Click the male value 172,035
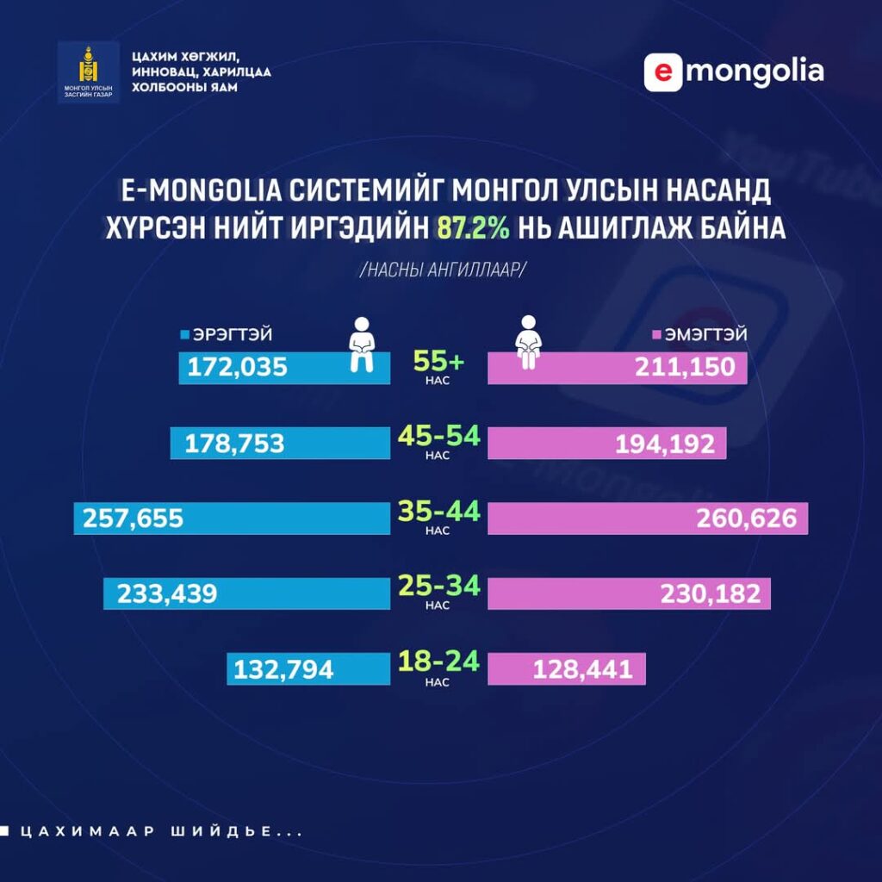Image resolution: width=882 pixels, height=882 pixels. [237, 368]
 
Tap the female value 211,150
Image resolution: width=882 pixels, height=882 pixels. [686, 368]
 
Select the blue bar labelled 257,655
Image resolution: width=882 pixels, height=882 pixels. [233, 519]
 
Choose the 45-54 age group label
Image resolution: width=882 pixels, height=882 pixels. [438, 436]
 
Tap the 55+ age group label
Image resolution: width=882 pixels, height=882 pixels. [438, 361]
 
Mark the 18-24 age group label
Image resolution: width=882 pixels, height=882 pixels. [438, 663]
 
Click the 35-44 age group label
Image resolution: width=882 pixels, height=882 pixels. [438, 512]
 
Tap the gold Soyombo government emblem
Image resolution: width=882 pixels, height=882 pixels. [88, 68]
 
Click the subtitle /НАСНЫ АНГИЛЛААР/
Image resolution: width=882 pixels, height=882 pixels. [442, 269]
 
